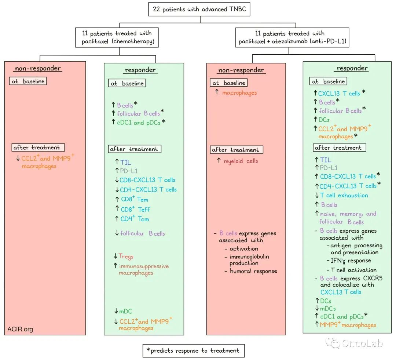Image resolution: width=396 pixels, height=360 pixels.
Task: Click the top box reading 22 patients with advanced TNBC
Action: coord(199,9)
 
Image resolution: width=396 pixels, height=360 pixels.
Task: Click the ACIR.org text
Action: coord(20,329)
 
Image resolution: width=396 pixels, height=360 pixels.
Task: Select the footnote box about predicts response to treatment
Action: coord(193,350)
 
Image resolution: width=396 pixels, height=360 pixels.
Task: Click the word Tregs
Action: coord(126,257)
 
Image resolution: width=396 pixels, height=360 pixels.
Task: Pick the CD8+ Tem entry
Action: coord(135,200)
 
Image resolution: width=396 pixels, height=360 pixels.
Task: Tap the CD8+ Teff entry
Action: coord(135,210)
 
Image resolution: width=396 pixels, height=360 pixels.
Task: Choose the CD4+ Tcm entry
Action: coord(135,219)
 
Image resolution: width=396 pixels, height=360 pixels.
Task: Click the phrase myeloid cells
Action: coord(240,161)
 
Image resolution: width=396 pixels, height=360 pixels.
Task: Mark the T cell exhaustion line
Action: coord(344,195)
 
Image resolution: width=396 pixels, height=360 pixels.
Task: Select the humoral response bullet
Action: coord(253,271)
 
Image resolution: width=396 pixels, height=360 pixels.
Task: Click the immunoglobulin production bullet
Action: coord(249,260)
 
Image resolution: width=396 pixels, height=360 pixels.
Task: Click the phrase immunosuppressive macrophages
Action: coord(143,269)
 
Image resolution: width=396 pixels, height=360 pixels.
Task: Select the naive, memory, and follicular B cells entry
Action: coord(347,218)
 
